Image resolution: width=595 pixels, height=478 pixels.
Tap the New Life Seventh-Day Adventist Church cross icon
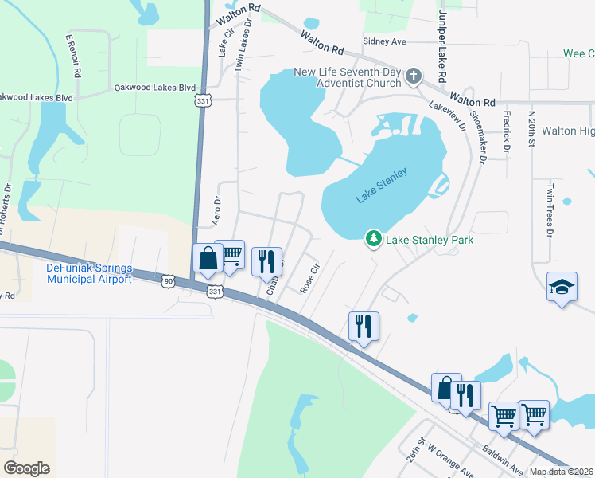coord(413,76)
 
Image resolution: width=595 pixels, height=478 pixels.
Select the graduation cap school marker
coord(562,288)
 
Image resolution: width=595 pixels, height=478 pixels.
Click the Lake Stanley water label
coord(382,185)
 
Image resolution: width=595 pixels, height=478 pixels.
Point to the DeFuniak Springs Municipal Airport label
coord(89,273)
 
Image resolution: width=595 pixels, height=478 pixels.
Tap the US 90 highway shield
coord(169,281)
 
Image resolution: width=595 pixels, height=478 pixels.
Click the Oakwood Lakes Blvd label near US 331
coord(154,87)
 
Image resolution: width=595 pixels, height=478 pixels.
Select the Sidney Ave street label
coord(384,41)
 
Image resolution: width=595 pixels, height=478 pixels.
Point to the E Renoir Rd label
coord(73,56)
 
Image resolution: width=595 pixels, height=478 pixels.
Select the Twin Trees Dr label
coord(549,211)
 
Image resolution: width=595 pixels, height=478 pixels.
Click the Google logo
coord(27,468)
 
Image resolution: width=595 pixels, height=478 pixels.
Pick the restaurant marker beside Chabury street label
coord(266,261)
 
